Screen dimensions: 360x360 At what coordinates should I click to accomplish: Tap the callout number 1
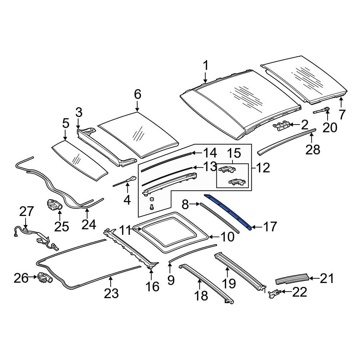[x=206, y=66]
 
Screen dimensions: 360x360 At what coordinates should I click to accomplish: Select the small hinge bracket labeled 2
[x=281, y=126]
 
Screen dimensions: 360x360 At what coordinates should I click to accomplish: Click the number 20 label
[x=330, y=127]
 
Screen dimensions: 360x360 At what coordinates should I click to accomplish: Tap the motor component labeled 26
[x=45, y=278]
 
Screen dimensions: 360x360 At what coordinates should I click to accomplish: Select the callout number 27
[x=26, y=211]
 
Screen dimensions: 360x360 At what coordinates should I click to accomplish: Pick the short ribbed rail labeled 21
[x=292, y=279]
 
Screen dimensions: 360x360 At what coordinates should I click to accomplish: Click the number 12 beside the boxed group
[x=263, y=168]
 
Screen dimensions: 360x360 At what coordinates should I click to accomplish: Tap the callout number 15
[x=234, y=153]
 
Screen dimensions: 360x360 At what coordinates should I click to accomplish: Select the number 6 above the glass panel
[x=137, y=94]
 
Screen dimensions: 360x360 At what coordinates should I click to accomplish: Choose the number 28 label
[x=313, y=150]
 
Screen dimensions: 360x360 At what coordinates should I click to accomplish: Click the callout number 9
[x=171, y=280]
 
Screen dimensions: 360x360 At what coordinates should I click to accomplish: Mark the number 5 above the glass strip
[x=66, y=123]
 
